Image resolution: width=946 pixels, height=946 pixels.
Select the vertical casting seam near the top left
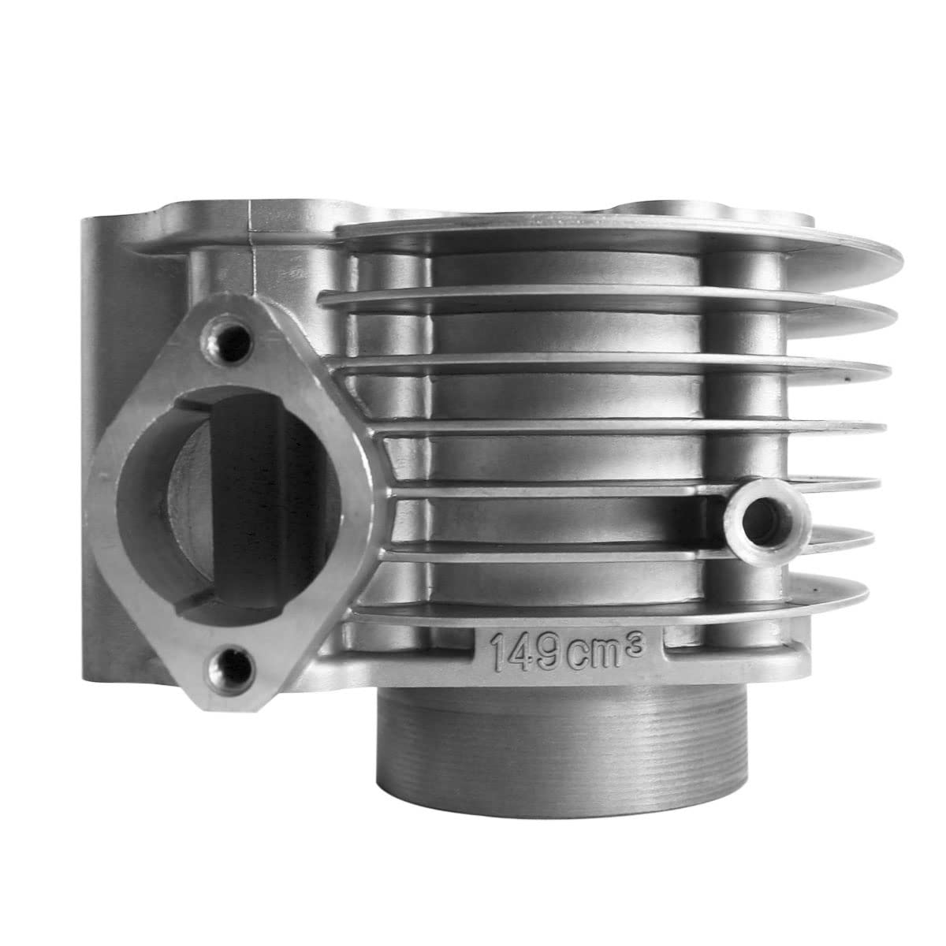[x=251, y=229]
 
